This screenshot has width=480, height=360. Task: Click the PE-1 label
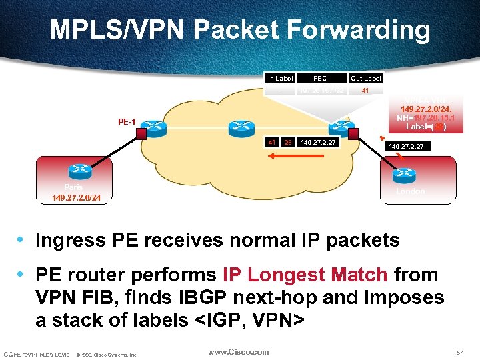[127, 123]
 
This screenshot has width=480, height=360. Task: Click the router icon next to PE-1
[155, 126]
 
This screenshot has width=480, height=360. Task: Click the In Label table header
[280, 78]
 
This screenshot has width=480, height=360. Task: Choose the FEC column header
[320, 78]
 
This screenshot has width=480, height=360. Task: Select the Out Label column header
[366, 78]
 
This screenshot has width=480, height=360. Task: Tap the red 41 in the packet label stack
[272, 142]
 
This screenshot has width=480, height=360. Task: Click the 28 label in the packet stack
[287, 142]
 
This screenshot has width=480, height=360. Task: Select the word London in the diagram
[409, 191]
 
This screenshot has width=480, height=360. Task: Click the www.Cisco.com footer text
[238, 352]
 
